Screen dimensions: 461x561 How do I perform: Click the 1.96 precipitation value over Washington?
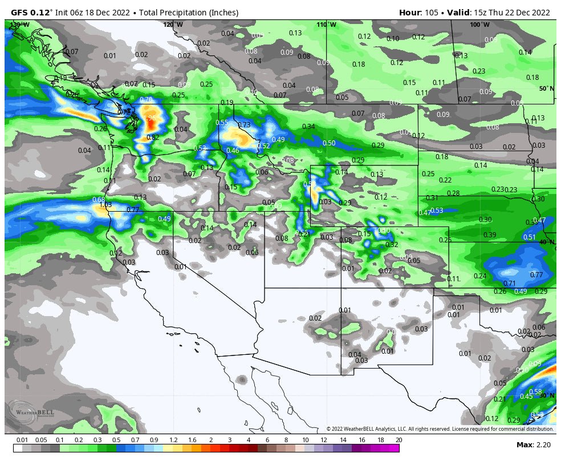[149, 118]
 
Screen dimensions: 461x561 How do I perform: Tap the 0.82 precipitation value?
[153, 138]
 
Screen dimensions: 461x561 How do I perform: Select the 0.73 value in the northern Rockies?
[244, 125]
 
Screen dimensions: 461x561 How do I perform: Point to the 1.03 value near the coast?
[105, 205]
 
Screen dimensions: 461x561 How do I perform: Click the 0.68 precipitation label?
[99, 200]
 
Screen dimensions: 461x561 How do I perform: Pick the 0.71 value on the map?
[509, 284]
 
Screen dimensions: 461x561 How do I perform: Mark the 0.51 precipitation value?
[529, 237]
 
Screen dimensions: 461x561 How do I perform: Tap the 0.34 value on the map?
[308, 127]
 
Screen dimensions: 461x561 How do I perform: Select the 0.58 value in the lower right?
[535, 392]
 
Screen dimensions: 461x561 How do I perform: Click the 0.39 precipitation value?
[489, 235]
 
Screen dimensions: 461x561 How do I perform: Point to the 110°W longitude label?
[327, 25]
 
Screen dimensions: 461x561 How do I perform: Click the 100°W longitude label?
[479, 25]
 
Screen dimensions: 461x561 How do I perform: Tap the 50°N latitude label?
[546, 88]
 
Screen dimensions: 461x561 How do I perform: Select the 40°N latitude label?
[547, 242]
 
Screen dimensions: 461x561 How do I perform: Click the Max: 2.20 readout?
[532, 444]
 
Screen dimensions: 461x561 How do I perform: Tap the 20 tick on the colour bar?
[399, 440]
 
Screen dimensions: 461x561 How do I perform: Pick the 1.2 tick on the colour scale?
[173, 440]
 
